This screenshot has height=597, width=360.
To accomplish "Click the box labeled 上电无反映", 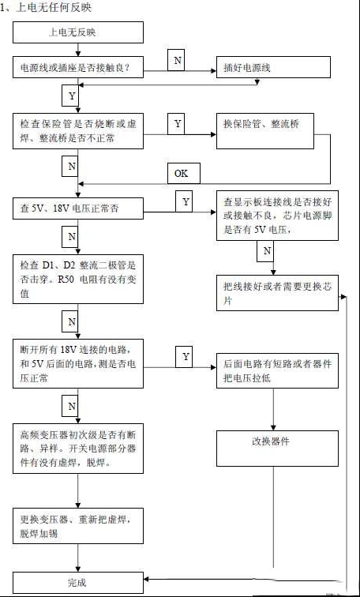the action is coord(78,32).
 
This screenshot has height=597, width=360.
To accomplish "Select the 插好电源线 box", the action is coord(273,67).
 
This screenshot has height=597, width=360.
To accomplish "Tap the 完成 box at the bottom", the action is coord(78,583).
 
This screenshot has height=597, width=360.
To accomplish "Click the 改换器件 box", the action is coord(277,449).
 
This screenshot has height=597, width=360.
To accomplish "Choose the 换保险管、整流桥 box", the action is coord(265,131).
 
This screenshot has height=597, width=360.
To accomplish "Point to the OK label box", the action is coord(184,174).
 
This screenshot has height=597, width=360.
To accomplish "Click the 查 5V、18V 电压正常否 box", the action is coord(78,208).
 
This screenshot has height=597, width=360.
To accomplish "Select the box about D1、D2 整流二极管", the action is coord(78,279).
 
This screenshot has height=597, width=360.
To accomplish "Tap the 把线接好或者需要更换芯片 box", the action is coord(277,293).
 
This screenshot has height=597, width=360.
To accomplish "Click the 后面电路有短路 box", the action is coord(277,370).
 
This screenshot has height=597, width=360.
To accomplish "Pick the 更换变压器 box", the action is coord(78,526).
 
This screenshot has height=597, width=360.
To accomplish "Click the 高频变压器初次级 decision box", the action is coord(78,449).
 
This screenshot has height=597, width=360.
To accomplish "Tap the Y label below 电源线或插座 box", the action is coord(70,96).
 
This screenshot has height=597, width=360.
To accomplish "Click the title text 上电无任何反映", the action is coord(47,8).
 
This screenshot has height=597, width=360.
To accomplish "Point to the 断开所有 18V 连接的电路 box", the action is coord(78,363).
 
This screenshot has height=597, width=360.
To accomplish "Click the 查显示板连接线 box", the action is coord(277,216).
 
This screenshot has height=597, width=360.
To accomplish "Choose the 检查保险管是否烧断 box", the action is coord(78,131).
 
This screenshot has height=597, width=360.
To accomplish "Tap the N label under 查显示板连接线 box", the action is coord(265,251).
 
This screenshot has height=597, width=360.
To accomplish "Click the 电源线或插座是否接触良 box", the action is coord(78,67).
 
